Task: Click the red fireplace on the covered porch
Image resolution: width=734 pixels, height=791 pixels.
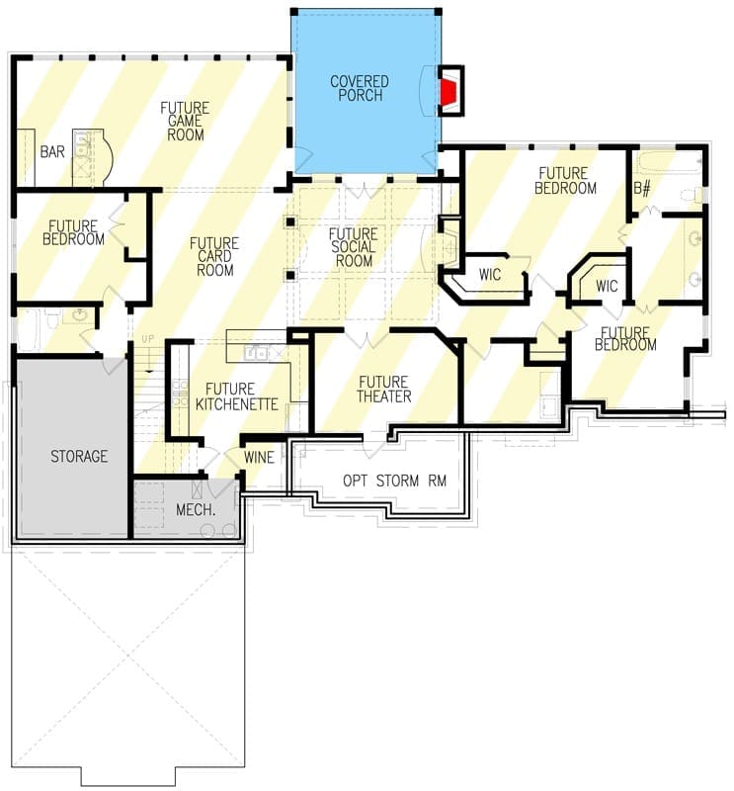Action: pos(448,91)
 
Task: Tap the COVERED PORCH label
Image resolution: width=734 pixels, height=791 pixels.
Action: pos(360,88)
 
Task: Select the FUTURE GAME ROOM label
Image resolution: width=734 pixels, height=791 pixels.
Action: pos(185,121)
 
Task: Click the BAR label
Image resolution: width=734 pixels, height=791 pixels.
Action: pos(52,151)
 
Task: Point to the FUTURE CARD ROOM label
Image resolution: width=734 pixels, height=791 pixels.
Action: pos(214,257)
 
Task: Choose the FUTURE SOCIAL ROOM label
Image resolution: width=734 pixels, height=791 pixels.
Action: pos(354,247)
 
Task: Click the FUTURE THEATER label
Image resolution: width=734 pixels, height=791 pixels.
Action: pos(383,389)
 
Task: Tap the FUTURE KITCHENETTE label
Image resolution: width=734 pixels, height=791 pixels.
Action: pos(236,396)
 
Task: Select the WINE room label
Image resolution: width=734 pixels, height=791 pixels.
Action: pos(259,458)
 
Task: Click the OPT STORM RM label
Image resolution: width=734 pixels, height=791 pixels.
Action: pos(395,481)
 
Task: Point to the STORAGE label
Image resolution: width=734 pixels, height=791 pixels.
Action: pos(79,457)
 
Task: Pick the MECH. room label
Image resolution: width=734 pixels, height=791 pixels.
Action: pos(196,509)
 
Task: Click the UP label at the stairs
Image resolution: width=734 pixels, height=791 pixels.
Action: pos(148,339)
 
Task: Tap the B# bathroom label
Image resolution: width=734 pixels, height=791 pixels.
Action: pos(642,189)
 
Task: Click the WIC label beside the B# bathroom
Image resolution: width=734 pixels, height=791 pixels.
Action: pos(607,286)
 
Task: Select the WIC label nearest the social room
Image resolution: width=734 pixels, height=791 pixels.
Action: pos(490,275)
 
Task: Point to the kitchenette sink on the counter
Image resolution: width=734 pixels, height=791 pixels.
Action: pos(257,353)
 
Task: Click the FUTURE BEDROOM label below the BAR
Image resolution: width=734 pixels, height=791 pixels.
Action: pos(73,232)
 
